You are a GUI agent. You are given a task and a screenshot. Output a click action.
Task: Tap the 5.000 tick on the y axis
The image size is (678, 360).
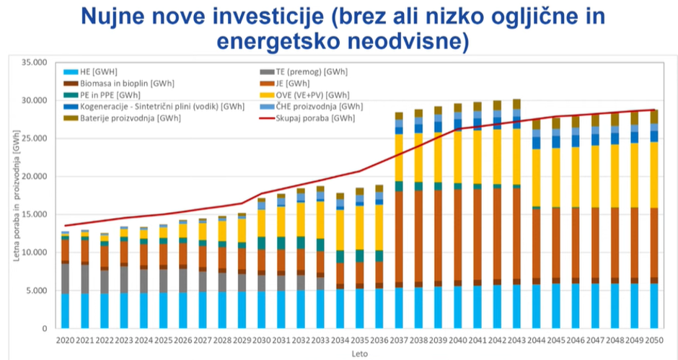click(34, 291)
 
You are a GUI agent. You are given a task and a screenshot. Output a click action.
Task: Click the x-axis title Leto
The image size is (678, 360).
click(358, 353)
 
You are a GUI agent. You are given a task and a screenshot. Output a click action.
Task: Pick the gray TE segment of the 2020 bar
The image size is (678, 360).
click(65, 278)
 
